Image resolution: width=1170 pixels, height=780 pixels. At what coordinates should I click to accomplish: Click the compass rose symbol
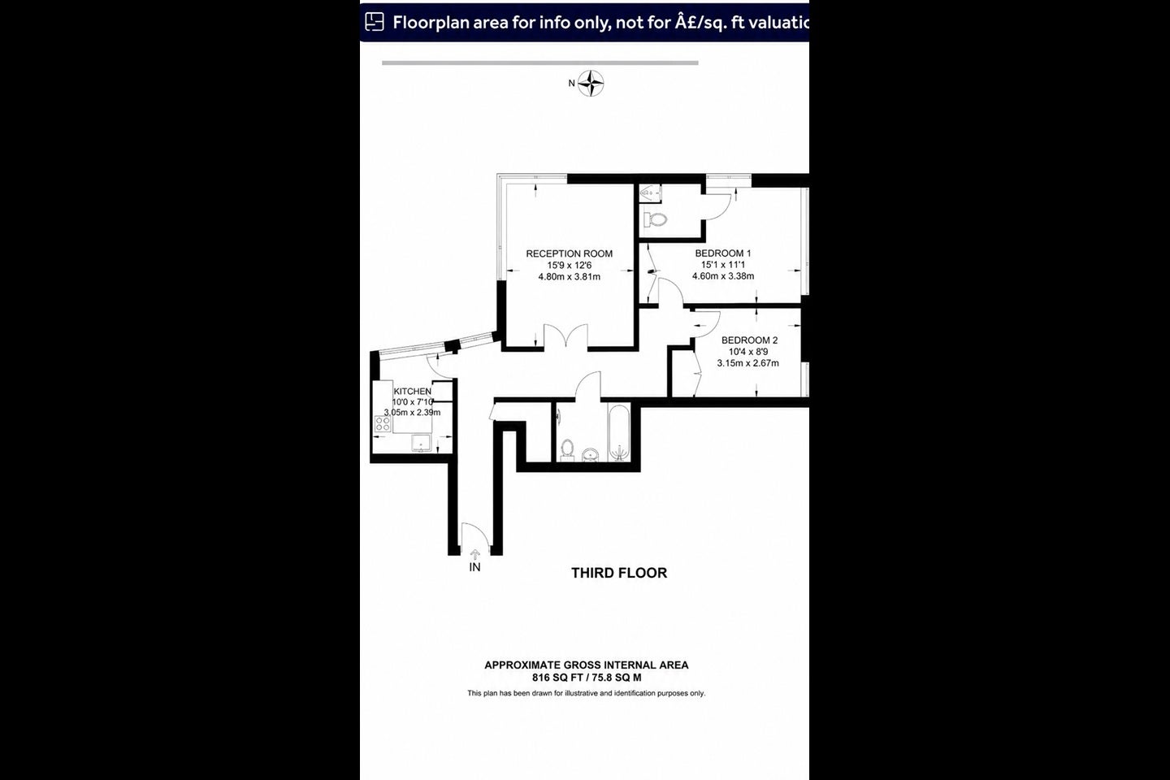pyautogui.click(x=591, y=84)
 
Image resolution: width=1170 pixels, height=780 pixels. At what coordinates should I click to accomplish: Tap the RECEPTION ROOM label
pyautogui.click(x=569, y=253)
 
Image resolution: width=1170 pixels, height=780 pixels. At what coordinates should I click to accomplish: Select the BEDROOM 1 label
pyautogui.click(x=723, y=253)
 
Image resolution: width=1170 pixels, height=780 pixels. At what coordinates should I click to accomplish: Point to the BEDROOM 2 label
pyautogui.click(x=749, y=340)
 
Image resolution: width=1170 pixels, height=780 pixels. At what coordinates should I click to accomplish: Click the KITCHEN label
pyautogui.click(x=412, y=392)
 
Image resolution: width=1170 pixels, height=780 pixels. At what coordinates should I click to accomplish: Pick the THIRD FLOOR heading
pyautogui.click(x=619, y=573)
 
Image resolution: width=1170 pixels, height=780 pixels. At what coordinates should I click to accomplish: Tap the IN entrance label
pyautogui.click(x=474, y=567)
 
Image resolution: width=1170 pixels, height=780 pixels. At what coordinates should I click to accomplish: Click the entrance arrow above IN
pyautogui.click(x=474, y=555)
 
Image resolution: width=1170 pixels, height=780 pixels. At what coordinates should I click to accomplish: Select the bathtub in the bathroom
pyautogui.click(x=619, y=432)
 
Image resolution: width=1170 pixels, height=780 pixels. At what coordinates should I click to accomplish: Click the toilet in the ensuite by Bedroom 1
pyautogui.click(x=655, y=219)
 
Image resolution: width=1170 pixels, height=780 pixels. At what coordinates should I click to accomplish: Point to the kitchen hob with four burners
pyautogui.click(x=383, y=423)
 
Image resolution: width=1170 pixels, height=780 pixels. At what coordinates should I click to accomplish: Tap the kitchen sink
pyautogui.click(x=421, y=443)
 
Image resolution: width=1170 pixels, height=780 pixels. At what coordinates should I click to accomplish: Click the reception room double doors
pyautogui.click(x=565, y=336)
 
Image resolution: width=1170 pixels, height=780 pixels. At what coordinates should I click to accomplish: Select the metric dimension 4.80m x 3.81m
pyautogui.click(x=570, y=277)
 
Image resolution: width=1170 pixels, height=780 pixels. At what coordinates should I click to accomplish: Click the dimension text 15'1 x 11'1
pyautogui.click(x=723, y=265)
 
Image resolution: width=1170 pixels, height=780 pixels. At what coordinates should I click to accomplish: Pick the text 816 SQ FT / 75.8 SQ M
pyautogui.click(x=587, y=678)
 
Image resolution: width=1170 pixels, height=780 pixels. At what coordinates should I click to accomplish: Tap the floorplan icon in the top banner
pyautogui.click(x=374, y=22)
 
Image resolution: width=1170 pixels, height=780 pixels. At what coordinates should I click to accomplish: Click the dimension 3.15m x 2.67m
pyautogui.click(x=748, y=363)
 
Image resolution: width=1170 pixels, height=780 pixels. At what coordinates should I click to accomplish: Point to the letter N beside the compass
pyautogui.click(x=571, y=83)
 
